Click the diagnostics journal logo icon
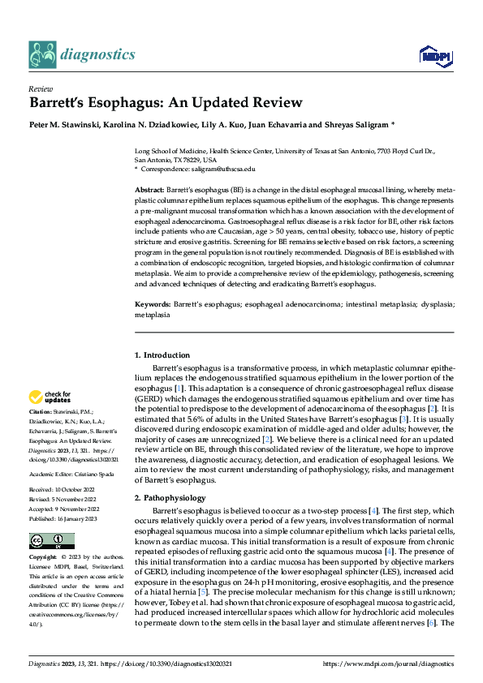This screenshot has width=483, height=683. coord(41,54)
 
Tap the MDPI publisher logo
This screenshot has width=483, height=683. coord(433,54)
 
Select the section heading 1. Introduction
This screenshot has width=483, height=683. coord(162,355)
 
